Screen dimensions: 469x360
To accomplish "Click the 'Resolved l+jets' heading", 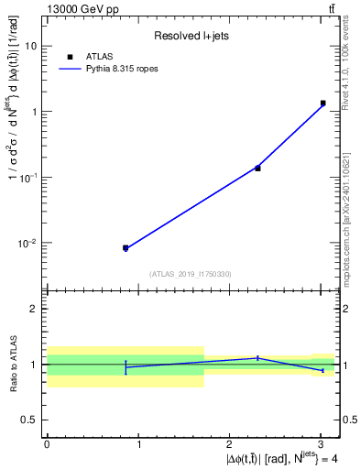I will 191,36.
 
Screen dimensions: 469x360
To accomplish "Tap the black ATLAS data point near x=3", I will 322,104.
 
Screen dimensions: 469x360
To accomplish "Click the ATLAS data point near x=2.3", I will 257,168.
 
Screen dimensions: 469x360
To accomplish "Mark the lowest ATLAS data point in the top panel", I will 125,247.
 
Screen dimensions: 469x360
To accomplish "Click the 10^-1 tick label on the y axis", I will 27,178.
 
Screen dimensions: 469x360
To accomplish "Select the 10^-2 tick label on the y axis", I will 27,244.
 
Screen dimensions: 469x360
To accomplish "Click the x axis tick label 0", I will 47,444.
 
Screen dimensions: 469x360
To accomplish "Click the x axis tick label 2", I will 229,444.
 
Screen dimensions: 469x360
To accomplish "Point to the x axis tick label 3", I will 320,444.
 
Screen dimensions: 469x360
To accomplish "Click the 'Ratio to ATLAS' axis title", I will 12,364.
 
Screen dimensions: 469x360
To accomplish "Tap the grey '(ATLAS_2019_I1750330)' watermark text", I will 191,273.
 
